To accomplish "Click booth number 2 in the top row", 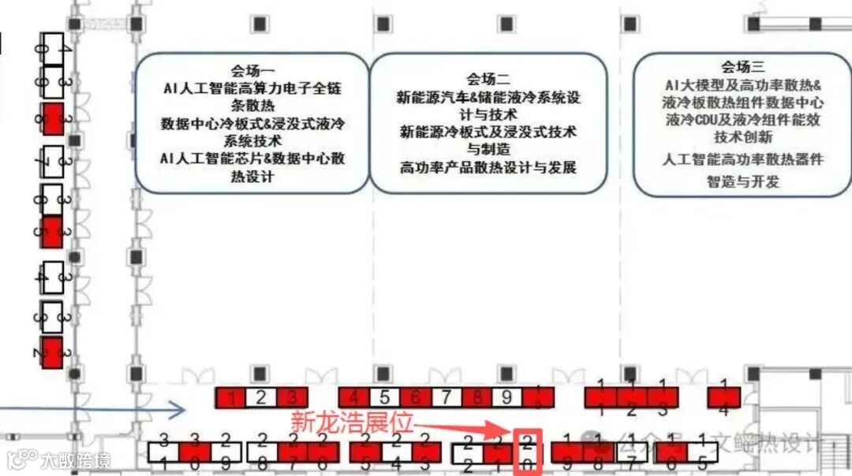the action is click(x=261, y=398).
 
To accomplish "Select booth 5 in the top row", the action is click(x=384, y=398).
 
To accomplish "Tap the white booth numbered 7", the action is click(x=446, y=398).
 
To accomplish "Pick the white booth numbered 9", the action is click(x=507, y=398).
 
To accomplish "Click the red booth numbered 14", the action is click(x=724, y=397).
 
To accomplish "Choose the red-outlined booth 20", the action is click(x=528, y=452).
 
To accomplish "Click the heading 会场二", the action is click(x=488, y=79).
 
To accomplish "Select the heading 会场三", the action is click(x=742, y=67).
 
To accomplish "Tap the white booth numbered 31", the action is click(x=163, y=452).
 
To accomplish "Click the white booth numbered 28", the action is click(x=261, y=452).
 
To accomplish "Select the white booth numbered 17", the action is click(x=631, y=452).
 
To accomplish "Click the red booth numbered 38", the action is click(x=52, y=119).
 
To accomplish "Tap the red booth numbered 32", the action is click(x=52, y=352).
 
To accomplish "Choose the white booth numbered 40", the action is click(x=52, y=44).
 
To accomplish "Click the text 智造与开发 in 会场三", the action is click(x=742, y=181).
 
